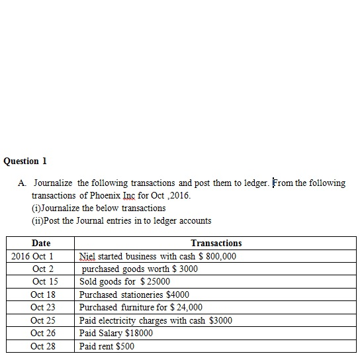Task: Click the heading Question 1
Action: point(25,161)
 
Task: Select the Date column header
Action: point(40,244)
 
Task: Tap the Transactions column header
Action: point(216,244)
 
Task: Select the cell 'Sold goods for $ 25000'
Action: point(124,281)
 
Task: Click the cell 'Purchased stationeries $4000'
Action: point(134,294)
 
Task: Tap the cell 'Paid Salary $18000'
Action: point(116,333)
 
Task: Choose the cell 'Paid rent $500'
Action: point(107,346)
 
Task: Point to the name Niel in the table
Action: point(87,256)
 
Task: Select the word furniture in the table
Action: point(138,307)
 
